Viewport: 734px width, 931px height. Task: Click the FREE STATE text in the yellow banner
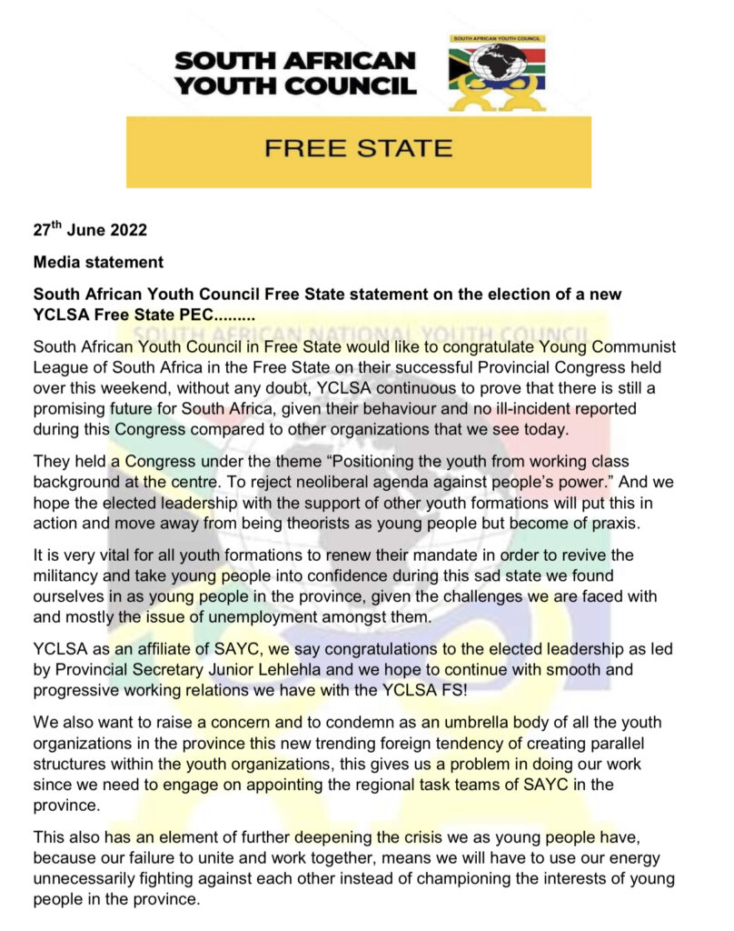coord(358,148)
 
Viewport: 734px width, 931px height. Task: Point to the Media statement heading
coord(98,263)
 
